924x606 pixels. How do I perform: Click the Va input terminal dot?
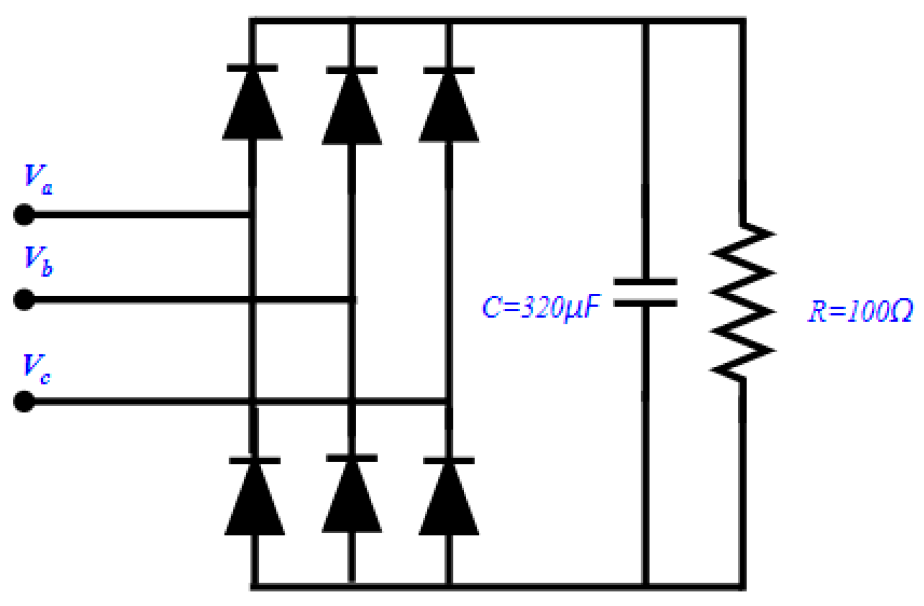(24, 214)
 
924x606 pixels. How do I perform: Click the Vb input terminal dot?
(24, 300)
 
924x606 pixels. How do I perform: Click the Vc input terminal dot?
(24, 401)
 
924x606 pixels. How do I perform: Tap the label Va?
(38, 179)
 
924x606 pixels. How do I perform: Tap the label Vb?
(38, 261)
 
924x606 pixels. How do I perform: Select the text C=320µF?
(541, 307)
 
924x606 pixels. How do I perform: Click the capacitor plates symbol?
(645, 293)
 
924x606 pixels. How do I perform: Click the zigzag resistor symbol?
(742, 302)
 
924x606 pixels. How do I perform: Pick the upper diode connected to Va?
(252, 104)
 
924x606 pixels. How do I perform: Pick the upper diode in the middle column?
(351, 107)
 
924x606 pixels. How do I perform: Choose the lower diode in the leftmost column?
(254, 497)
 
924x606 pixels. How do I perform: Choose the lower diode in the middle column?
(351, 495)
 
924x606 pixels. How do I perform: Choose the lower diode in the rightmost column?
(448, 497)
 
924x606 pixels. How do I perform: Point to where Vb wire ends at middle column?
(351, 300)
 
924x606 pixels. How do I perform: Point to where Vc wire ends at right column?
(448, 400)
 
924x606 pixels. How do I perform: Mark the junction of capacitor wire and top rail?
(645, 21)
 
